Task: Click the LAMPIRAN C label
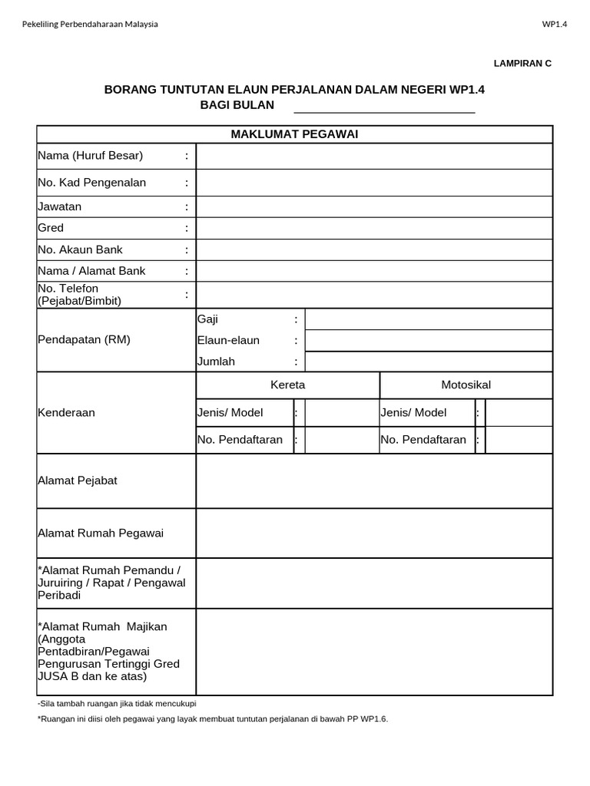coord(522,64)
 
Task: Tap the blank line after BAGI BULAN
coord(384,106)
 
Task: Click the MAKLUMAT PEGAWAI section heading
coord(294,134)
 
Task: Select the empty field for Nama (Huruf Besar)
coord(373,156)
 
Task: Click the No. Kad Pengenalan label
coord(92,183)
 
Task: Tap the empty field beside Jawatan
coord(373,206)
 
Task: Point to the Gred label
coord(51,228)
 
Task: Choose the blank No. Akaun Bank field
coord(373,249)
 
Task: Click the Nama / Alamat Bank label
coord(91,271)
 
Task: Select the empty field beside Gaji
coord(428,319)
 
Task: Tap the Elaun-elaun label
coord(228,340)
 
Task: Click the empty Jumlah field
coord(428,362)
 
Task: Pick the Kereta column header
coord(288,385)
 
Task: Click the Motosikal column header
coord(466,385)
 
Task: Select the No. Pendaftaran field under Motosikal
coord(519,440)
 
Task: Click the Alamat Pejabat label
coord(78,481)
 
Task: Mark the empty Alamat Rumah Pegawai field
coord(373,533)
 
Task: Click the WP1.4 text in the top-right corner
coord(554,24)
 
